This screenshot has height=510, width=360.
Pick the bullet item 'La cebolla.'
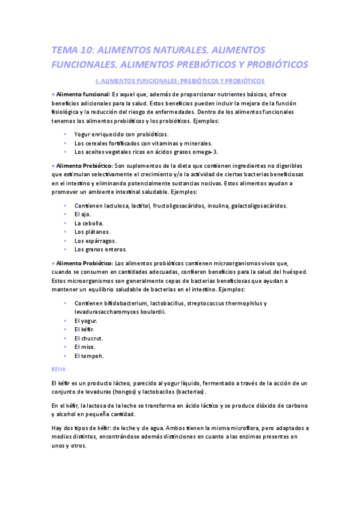pos(89,223)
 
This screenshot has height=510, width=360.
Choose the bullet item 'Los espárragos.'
pos(95,241)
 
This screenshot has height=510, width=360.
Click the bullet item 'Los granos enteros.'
pos(100,249)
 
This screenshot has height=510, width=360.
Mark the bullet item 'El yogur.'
pos(86,321)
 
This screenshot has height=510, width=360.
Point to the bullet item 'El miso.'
pos(86,347)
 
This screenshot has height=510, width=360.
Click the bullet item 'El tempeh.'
pos(89,355)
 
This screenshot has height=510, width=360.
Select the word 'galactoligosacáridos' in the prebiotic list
pos(258,205)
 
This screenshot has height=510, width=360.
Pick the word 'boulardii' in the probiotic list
pos(150,312)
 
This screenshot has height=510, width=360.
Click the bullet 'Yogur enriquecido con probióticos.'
pos(121,134)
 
